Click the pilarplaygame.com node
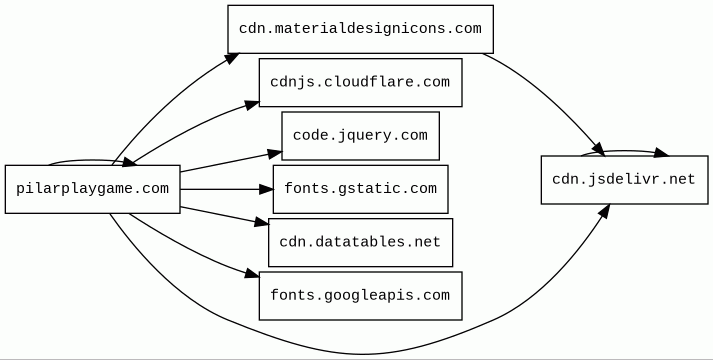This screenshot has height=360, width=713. (x=93, y=189)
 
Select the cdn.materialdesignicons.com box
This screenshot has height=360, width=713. (x=361, y=29)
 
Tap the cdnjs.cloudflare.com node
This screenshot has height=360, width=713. (x=361, y=82)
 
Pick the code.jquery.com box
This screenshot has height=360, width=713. (x=361, y=135)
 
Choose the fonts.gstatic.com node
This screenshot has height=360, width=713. (x=361, y=189)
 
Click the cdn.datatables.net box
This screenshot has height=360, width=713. (x=361, y=242)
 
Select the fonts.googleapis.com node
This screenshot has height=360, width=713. (x=361, y=295)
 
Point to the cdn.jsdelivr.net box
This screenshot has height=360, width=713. (x=624, y=180)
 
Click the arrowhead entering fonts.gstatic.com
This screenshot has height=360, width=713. (x=266, y=189)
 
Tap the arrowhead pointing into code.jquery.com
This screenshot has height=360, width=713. (x=275, y=155)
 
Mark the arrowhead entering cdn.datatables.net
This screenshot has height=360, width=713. (x=262, y=222)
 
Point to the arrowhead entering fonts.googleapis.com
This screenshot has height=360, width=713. (x=252, y=274)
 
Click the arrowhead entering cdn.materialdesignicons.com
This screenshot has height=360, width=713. (x=232, y=58)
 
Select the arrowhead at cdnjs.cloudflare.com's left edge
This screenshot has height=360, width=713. (x=251, y=105)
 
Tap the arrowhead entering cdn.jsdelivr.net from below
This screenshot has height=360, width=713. (x=603, y=210)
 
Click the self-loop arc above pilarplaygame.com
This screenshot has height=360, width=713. (x=91, y=160)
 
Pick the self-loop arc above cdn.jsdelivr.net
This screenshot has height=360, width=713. (x=624, y=151)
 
